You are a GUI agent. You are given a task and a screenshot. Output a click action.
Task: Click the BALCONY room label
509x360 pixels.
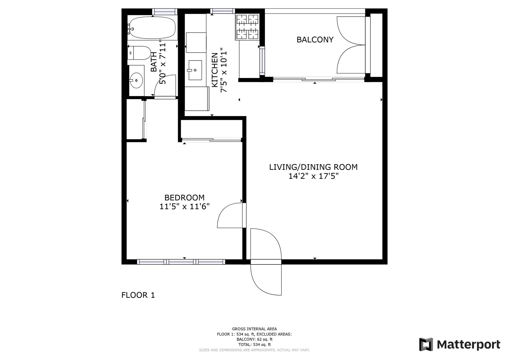(315, 40)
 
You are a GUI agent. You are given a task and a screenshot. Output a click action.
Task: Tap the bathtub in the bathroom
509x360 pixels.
(152, 28)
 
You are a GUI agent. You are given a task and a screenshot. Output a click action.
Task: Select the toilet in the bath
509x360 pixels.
(140, 53)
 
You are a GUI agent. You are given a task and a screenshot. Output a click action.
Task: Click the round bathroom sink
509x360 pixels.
(136, 80)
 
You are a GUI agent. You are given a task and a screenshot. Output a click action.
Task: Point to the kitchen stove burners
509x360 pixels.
(247, 27)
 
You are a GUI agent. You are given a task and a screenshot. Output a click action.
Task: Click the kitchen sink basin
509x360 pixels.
(195, 70)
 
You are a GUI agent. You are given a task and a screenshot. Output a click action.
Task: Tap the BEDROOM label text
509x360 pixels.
(184, 198)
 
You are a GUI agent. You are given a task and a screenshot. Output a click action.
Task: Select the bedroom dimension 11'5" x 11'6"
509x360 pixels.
(184, 206)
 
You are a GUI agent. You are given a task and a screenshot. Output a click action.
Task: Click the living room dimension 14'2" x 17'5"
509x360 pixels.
(313, 176)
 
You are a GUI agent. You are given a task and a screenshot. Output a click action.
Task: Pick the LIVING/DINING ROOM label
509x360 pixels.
(313, 167)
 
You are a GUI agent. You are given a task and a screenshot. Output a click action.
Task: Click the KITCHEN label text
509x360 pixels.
(215, 70)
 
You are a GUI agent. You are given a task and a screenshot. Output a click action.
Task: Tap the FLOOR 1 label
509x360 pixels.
(138, 295)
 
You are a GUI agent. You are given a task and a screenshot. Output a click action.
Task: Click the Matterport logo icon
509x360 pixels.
(426, 344)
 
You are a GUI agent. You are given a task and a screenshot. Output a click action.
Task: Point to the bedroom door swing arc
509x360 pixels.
(226, 215)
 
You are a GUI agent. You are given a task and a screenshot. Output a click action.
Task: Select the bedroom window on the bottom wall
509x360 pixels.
(181, 262)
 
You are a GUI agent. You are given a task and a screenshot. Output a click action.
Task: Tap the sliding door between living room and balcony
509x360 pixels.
(318, 79)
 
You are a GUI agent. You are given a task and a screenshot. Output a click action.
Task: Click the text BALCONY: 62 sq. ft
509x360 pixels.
(254, 339)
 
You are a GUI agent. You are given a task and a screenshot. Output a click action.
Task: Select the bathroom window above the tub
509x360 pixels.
(164, 11)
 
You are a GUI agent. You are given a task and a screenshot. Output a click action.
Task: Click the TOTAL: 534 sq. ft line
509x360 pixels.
(254, 344)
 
